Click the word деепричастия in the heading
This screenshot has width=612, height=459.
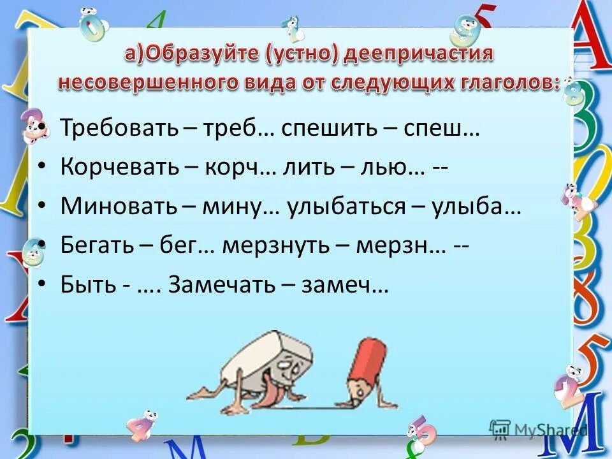tap(419, 54)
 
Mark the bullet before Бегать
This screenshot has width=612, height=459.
tap(43, 246)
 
